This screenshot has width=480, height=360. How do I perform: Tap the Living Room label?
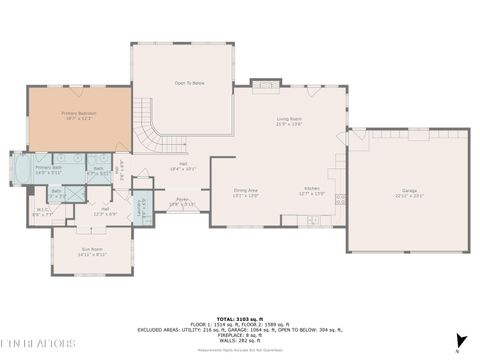(289, 121)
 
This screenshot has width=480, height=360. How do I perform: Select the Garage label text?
(409, 191)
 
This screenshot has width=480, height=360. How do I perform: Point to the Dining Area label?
(246, 192)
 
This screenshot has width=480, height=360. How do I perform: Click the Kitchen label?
(312, 192)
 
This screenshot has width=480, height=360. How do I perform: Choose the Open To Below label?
(190, 83)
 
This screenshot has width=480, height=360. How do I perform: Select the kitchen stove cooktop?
(340, 197)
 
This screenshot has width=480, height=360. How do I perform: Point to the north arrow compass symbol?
(459, 339)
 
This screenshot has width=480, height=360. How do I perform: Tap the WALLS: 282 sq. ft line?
(241, 338)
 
